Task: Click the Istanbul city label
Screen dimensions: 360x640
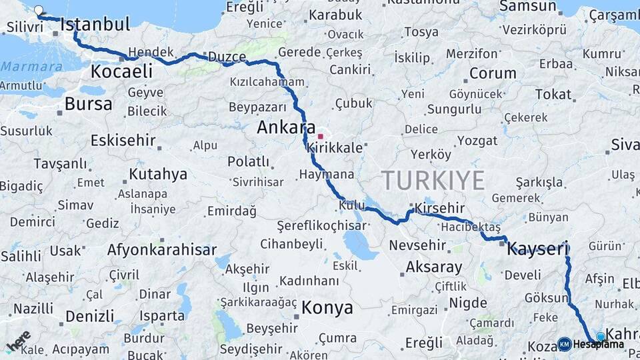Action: click(x=95, y=25)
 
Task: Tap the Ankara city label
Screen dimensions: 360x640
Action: click(x=286, y=127)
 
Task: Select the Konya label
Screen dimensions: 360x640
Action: click(x=327, y=307)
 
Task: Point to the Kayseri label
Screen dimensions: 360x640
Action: click(x=537, y=249)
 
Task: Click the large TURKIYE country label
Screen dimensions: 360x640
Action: click(x=433, y=181)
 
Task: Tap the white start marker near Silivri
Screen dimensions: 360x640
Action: click(x=39, y=11)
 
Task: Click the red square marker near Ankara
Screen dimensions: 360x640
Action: click(x=320, y=136)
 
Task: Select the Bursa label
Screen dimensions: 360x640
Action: click(x=88, y=104)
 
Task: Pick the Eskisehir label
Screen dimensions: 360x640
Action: click(x=123, y=141)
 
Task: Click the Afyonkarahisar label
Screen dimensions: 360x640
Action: click(x=162, y=250)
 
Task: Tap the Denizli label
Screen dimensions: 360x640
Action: click(x=90, y=315)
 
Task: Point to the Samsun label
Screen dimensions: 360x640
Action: click(x=527, y=7)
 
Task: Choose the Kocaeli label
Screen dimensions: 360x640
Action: click(x=121, y=71)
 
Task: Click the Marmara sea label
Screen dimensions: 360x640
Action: click(x=31, y=66)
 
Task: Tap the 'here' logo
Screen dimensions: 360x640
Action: click(x=19, y=341)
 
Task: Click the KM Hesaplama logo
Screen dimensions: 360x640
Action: click(x=591, y=344)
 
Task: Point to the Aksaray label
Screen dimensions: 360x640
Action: click(x=433, y=267)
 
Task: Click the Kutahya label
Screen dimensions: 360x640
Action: click(x=158, y=175)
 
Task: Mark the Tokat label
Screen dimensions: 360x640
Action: click(x=553, y=94)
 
